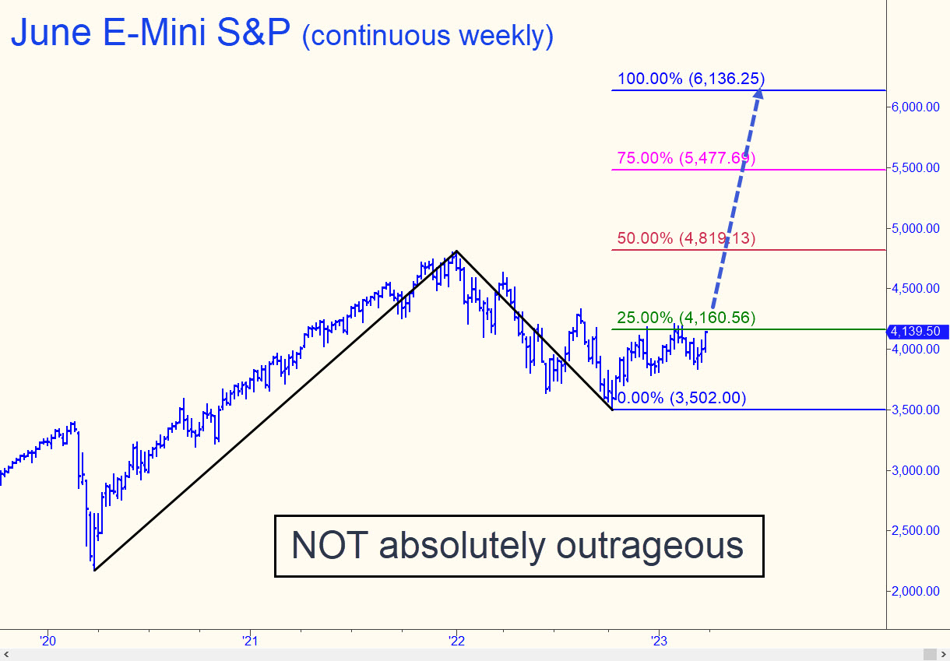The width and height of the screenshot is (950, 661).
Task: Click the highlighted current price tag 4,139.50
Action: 918,332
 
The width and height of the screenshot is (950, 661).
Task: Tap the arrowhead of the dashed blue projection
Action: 759,94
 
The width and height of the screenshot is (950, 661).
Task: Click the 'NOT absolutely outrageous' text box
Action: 519,546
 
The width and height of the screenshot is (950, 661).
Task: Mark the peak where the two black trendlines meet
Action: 456,251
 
